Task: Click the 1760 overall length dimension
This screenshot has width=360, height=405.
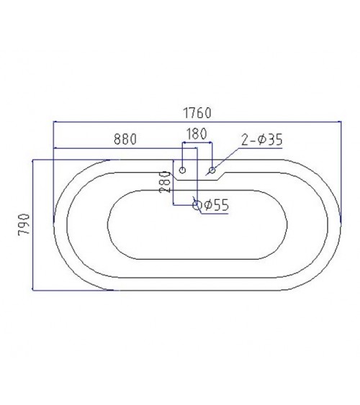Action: pyautogui.click(x=197, y=113)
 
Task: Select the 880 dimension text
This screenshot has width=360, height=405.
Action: pyautogui.click(x=125, y=139)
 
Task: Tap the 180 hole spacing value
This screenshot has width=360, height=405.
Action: pyautogui.click(x=197, y=134)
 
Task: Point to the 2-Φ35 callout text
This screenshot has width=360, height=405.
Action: pyautogui.click(x=262, y=140)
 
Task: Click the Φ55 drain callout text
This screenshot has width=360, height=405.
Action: pyautogui.click(x=217, y=205)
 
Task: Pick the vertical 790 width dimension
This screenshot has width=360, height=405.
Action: pyautogui.click(x=24, y=224)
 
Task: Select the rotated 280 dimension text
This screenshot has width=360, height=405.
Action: pyautogui.click(x=165, y=182)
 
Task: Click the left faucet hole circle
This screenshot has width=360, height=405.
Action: pyautogui.click(x=182, y=170)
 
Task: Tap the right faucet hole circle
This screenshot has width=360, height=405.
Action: pyautogui.click(x=212, y=170)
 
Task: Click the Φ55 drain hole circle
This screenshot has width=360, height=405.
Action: pyautogui.click(x=197, y=205)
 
